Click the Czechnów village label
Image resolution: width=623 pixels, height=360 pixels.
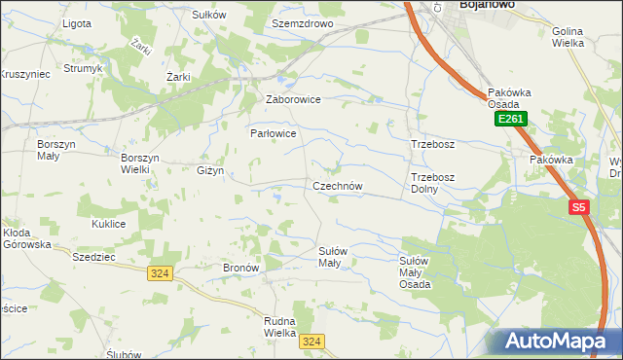[x=338, y=186]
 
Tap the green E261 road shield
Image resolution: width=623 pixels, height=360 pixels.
[x=510, y=119]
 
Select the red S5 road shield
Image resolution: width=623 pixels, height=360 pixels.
[x=579, y=207]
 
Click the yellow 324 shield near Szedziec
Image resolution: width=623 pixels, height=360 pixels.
[x=161, y=274]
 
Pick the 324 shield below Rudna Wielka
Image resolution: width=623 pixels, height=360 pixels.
[x=311, y=342]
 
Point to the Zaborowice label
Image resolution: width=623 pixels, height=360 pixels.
[x=293, y=99]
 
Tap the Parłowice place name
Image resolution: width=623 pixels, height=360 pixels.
[x=273, y=133]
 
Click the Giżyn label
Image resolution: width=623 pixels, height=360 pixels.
[x=210, y=170]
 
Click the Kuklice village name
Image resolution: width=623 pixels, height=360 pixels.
[x=109, y=224]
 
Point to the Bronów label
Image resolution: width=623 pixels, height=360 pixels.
[x=240, y=267]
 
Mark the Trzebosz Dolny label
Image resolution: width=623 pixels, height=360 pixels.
[x=432, y=183]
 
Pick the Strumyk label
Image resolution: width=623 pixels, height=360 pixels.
[x=83, y=69]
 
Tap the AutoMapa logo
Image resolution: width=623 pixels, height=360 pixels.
[x=562, y=342]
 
